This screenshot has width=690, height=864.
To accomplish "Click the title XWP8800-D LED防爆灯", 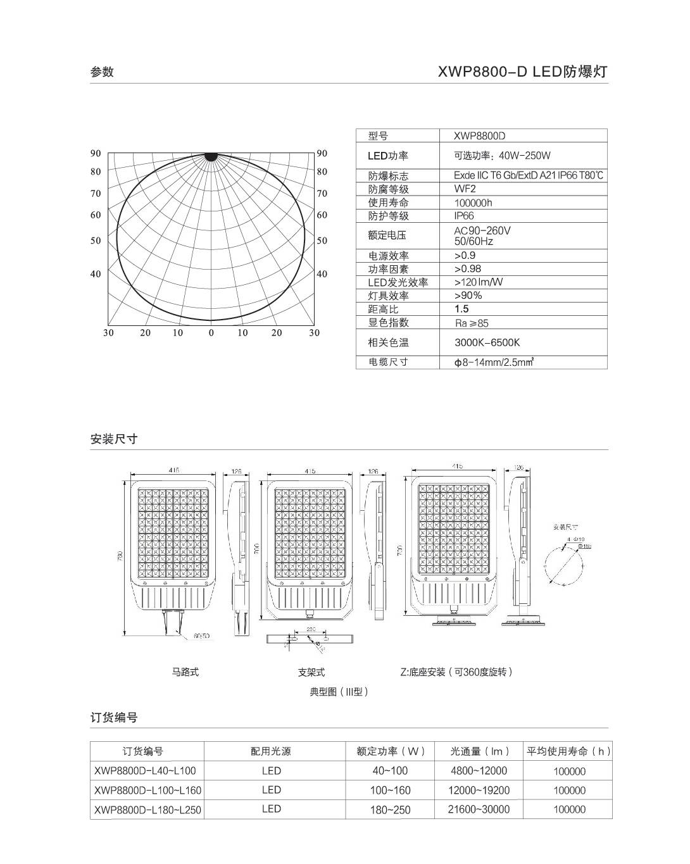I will click(x=522, y=72).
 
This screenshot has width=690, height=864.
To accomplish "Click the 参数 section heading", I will click(x=102, y=72).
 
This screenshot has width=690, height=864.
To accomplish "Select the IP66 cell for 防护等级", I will click(x=464, y=216).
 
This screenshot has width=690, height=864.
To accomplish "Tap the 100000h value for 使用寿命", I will click(x=473, y=203).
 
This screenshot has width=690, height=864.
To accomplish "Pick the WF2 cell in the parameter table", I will click(x=465, y=189).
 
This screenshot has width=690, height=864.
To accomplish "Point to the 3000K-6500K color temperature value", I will click(x=487, y=342).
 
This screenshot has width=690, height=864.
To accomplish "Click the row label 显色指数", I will click(x=389, y=322).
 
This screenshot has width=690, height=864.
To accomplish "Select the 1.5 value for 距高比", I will click(x=461, y=309).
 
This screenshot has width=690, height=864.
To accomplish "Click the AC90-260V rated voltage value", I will click(x=482, y=231).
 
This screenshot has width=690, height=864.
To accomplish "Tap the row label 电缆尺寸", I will click(x=389, y=362).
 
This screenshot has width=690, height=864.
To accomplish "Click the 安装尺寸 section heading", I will click(x=114, y=439).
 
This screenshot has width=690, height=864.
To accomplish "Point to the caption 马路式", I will click(x=185, y=672).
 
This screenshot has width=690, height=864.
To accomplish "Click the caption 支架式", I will click(x=311, y=672).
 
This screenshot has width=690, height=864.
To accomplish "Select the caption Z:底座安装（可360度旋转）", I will click(x=456, y=672).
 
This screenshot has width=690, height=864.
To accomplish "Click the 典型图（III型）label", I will click(x=339, y=692).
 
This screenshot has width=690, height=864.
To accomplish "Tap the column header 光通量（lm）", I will click(x=480, y=751).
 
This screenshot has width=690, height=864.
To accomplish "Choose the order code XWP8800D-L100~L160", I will click(x=147, y=790).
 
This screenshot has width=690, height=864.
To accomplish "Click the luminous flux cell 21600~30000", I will click(x=479, y=809).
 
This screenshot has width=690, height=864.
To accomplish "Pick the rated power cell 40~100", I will click(x=390, y=770).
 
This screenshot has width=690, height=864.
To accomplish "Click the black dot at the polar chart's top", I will click(x=211, y=156).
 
